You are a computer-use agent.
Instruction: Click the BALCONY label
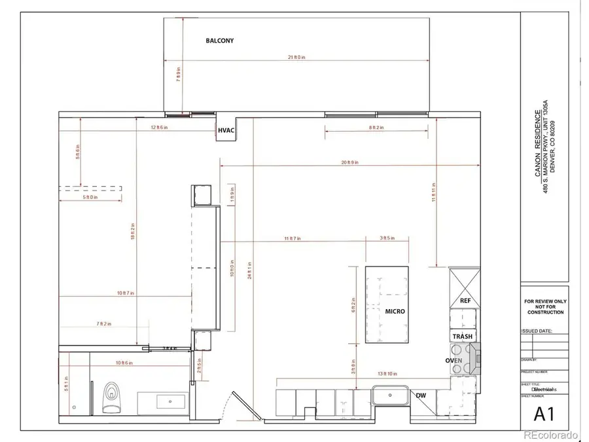pos(219,41)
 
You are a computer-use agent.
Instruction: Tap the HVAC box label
pos(226,132)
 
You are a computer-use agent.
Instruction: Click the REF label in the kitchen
pos(465,300)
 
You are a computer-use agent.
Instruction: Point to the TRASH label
pos(463,337)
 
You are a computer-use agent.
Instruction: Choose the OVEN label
pos(455,361)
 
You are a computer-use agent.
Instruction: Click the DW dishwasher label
pos(421,395)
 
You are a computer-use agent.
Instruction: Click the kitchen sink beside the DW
pos(391,397)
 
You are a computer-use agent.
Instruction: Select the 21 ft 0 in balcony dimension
pos(297,58)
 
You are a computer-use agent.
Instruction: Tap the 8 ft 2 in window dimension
pos(376,128)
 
